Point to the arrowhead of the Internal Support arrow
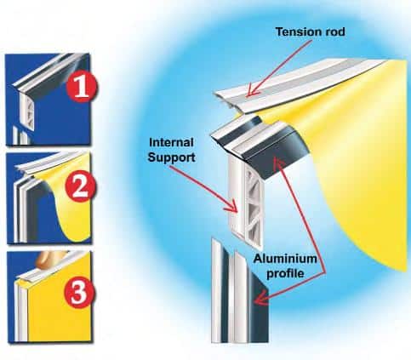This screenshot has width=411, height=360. [235, 208]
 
